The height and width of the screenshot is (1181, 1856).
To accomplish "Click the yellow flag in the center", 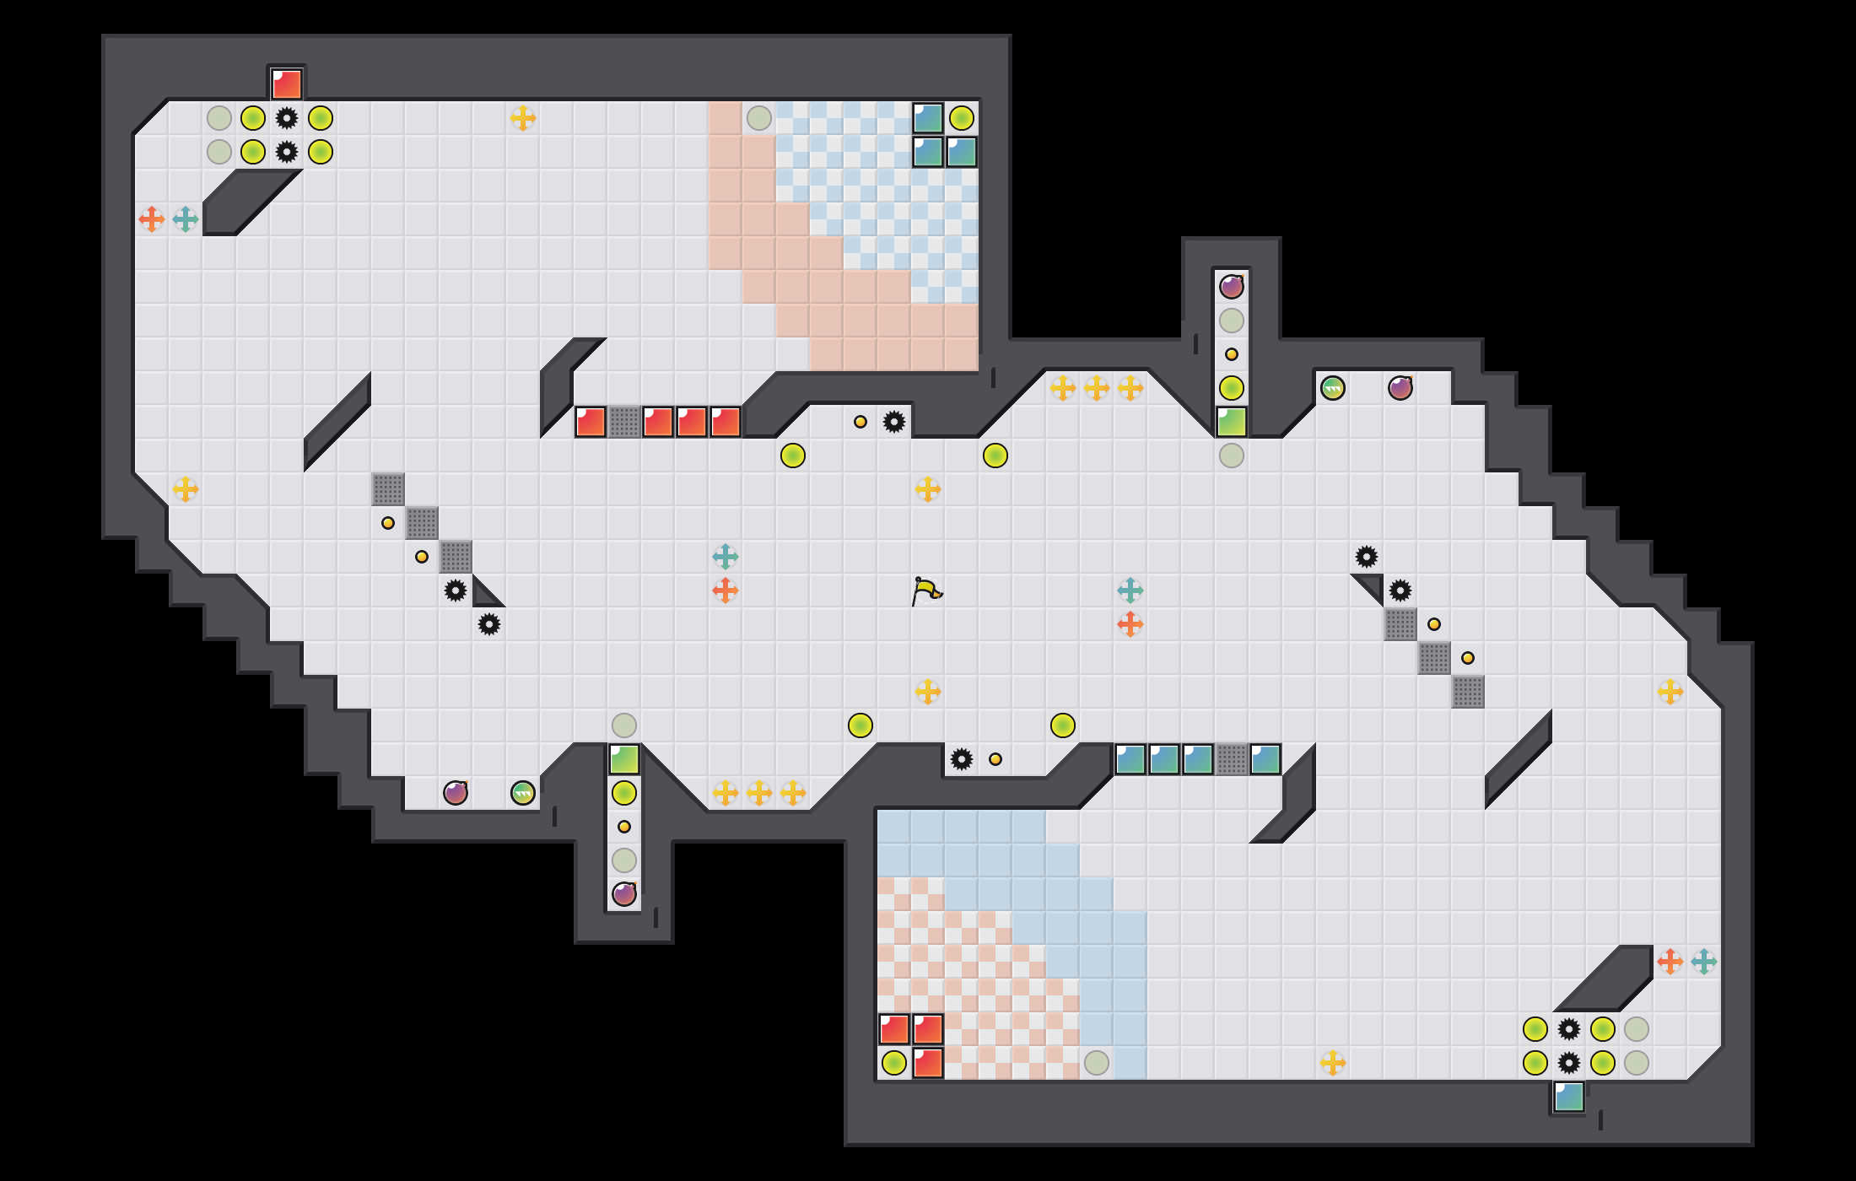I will [926, 590].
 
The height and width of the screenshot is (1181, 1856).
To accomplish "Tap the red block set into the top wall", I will [287, 84].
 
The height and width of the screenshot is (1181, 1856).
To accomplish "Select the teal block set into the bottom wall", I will [1569, 1097].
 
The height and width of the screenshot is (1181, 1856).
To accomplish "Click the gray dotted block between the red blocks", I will [624, 422].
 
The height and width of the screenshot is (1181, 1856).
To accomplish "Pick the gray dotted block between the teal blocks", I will [1232, 759].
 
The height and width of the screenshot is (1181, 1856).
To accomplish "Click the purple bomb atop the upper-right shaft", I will [1232, 287].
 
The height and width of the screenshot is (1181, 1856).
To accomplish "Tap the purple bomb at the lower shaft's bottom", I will [624, 894].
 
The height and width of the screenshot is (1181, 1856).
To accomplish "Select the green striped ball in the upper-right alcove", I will [1333, 388].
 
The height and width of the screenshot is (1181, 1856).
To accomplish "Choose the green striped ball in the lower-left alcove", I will [523, 793].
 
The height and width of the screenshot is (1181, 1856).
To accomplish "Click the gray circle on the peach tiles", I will [759, 118].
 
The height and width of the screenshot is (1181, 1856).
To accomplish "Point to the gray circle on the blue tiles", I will [1097, 1063].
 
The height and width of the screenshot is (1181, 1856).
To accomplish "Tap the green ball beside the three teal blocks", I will [962, 118].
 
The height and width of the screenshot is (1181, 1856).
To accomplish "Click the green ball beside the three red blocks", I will [894, 1063].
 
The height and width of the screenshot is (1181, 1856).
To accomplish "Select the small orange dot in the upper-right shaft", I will [1232, 354].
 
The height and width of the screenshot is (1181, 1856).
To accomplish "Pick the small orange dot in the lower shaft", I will [624, 827].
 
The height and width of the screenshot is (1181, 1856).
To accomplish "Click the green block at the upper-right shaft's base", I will [1232, 422].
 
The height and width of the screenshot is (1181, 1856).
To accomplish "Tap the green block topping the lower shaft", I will [624, 759].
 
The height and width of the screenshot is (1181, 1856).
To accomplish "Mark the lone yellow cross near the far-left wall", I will [186, 489].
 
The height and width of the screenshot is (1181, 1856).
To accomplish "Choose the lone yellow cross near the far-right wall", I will [1670, 692].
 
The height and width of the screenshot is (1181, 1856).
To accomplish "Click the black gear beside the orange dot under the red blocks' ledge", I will [894, 422].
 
